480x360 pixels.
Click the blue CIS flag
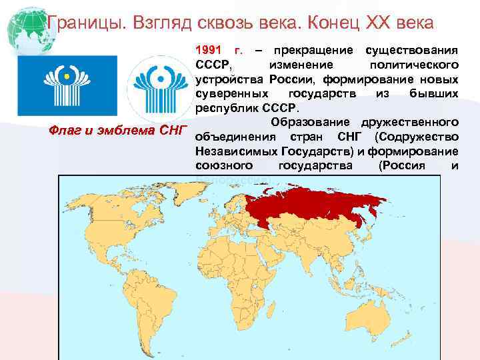click(x=67, y=85)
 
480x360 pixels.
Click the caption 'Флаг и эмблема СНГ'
click(x=118, y=129)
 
